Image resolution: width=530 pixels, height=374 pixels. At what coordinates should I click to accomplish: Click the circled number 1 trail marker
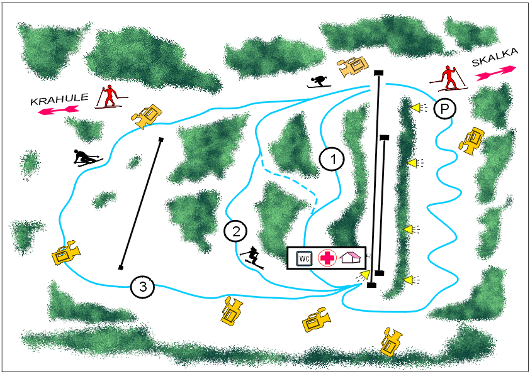click(x=332, y=159)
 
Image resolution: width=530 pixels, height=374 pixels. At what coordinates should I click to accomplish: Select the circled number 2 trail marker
click(x=235, y=231)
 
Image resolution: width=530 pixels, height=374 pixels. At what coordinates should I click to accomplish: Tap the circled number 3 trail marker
click(x=142, y=287)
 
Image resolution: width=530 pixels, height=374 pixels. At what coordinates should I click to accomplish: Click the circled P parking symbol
click(x=445, y=109)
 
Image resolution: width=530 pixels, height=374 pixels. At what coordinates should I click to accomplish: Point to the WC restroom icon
click(x=304, y=258)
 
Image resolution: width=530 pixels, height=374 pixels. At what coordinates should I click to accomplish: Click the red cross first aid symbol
click(x=327, y=258)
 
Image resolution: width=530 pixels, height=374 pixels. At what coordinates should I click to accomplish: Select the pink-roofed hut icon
click(x=351, y=258)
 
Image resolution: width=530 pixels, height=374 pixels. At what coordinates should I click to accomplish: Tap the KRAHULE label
click(x=59, y=99)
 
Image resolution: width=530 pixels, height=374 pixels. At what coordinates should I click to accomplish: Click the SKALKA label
click(x=494, y=57)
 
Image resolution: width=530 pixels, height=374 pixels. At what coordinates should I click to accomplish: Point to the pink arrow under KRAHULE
click(x=59, y=110)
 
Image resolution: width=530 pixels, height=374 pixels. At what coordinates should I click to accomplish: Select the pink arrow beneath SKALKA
click(x=496, y=74)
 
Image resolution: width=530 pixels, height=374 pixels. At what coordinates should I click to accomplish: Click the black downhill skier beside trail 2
click(x=252, y=258)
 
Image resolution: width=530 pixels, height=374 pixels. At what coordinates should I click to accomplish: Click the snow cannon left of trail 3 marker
click(x=66, y=252)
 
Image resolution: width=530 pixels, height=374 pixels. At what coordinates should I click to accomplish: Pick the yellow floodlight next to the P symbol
click(x=419, y=107)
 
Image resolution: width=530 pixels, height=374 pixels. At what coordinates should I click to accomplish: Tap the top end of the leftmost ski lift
click(x=161, y=140)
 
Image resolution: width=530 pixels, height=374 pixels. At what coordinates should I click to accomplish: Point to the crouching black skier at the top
click(x=319, y=82)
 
